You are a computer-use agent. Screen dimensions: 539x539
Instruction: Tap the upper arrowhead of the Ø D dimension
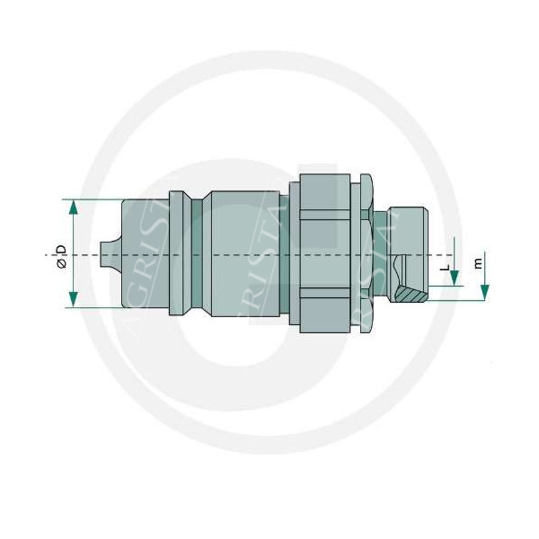(x=74, y=207)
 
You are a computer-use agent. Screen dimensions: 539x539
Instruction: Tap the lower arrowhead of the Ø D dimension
(x=74, y=299)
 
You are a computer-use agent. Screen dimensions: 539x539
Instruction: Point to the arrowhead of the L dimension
(x=455, y=278)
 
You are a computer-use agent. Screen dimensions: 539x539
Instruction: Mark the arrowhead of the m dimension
(x=484, y=293)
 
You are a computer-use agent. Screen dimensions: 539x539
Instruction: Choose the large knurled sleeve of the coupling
(x=323, y=254)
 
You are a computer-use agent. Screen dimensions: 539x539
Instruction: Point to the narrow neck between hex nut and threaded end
(x=384, y=254)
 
